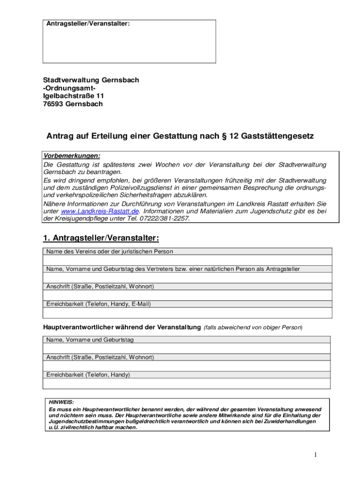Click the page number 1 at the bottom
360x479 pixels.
pos(316,455)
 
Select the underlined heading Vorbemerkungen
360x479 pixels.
pos(72,156)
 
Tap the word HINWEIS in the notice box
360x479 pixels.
pos(61,402)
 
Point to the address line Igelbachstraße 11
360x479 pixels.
pos(74,96)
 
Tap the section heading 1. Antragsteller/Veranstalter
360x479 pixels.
pos(101,239)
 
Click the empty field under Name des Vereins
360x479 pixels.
pos(187,260)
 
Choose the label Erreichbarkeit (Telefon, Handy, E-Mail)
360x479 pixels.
pos(99,304)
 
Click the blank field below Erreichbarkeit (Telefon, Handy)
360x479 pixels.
pos(187,384)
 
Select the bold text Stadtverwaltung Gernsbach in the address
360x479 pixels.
pos(91,80)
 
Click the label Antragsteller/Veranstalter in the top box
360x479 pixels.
pos(88,23)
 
